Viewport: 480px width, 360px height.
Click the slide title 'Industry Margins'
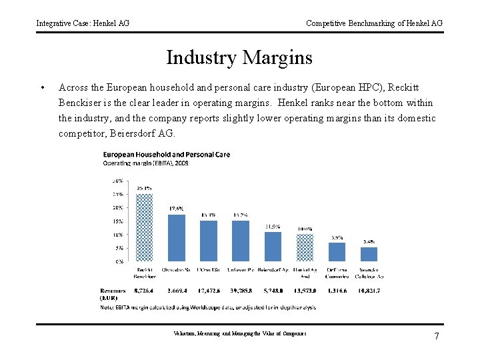tap(239, 58)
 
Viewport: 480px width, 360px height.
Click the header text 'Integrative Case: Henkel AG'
tap(83, 23)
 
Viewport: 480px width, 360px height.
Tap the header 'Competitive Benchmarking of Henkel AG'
tap(374, 23)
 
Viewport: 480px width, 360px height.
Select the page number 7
tap(437, 336)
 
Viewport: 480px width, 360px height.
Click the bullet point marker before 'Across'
tap(42, 87)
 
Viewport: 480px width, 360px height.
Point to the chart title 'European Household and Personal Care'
tap(167, 155)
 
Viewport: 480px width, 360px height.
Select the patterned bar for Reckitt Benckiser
tap(145, 227)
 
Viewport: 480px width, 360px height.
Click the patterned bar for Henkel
tap(305, 247)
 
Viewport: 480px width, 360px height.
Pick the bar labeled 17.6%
tap(177, 237)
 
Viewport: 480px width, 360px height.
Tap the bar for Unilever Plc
tap(241, 241)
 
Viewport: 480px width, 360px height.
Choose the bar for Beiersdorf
tap(273, 246)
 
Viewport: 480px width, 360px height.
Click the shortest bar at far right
tap(369, 254)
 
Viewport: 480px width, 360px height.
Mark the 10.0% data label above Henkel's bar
tap(305, 229)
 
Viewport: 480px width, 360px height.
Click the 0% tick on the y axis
tap(118, 261)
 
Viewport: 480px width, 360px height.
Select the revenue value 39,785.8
tap(241, 291)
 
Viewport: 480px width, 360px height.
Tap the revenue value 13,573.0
tap(305, 291)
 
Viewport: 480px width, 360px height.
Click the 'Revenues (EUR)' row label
tap(113, 294)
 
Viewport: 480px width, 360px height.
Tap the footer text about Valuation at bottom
tap(239, 333)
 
